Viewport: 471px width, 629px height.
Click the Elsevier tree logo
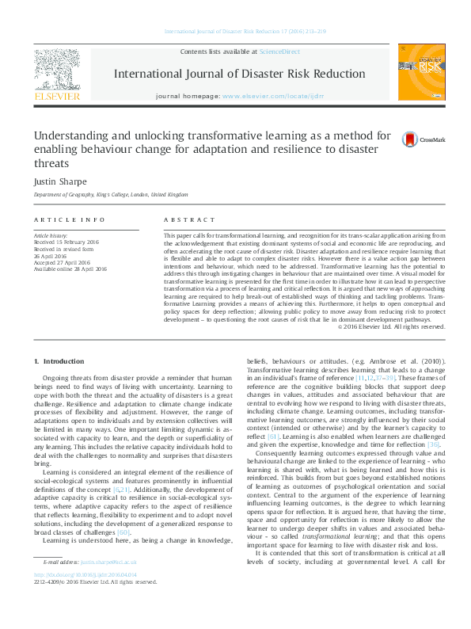[57, 70]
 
